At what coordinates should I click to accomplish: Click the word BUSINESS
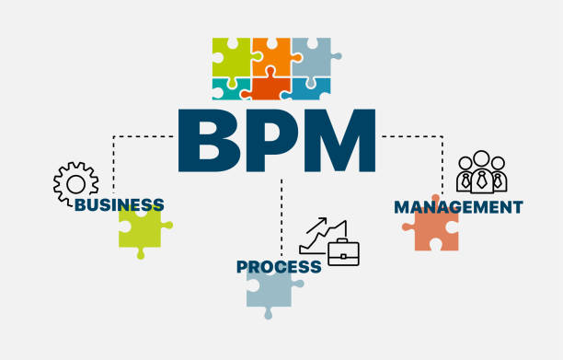coord(120,204)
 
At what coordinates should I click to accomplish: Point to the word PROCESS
coord(279,267)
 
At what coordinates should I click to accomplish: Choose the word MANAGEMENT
coord(458,207)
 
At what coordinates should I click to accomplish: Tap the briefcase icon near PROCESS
coord(343,252)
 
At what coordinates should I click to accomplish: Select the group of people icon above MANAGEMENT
coord(481,171)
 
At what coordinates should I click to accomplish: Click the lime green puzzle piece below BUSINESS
coord(141,227)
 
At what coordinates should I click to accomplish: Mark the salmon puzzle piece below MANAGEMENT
coord(429,230)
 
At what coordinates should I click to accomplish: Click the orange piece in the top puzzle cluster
coord(270,57)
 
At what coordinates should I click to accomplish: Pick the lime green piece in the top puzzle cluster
coord(230,57)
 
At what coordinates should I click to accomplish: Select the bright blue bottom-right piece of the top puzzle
coord(309,88)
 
